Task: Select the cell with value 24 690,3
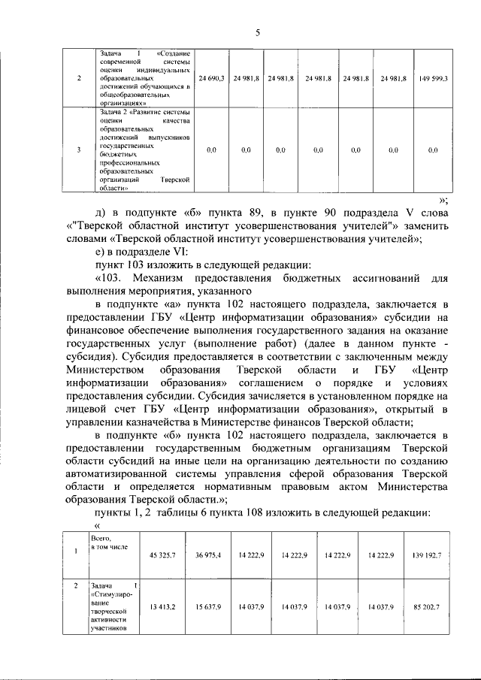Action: pyautogui.click(x=211, y=78)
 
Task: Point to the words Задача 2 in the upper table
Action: pyautogui.click(x=113, y=113)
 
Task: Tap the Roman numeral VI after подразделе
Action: pyautogui.click(x=178, y=251)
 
